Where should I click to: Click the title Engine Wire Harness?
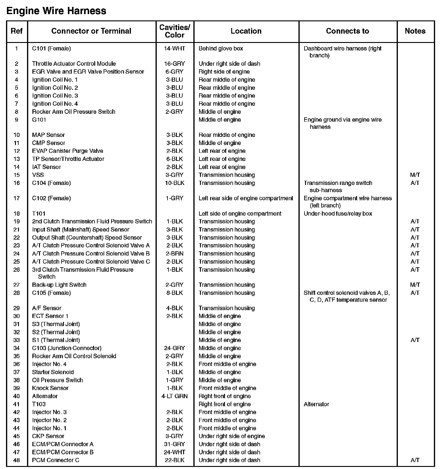click(x=56, y=11)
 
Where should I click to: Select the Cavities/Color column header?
click(x=174, y=31)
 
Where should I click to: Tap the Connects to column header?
click(x=347, y=31)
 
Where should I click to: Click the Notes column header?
click(x=415, y=31)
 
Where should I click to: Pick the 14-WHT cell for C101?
click(x=174, y=48)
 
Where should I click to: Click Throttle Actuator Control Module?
click(x=74, y=64)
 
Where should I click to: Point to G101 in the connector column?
click(x=39, y=120)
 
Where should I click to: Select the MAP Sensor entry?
click(x=48, y=135)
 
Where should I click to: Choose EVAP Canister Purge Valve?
click(x=68, y=151)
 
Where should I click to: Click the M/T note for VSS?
click(x=415, y=175)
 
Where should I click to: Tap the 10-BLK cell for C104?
click(x=174, y=183)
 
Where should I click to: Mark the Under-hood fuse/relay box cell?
click(x=338, y=214)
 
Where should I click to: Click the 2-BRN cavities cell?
click(x=174, y=254)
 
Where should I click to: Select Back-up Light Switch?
click(x=59, y=285)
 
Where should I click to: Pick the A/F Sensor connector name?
click(x=47, y=308)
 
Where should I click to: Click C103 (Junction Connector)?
click(x=67, y=348)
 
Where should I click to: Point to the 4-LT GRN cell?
click(x=174, y=396)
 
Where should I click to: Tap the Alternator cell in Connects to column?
click(x=316, y=404)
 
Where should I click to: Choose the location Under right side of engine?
click(x=232, y=436)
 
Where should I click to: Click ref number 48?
click(x=17, y=460)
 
